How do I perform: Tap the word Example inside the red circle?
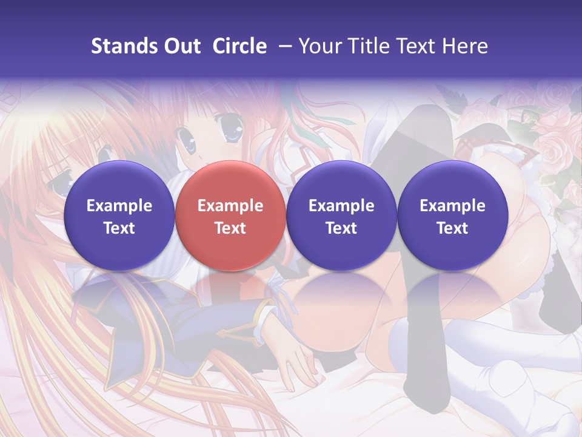click(230, 206)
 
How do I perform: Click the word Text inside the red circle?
click(230, 228)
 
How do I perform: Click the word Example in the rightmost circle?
click(452, 206)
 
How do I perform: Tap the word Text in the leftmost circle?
click(119, 228)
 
